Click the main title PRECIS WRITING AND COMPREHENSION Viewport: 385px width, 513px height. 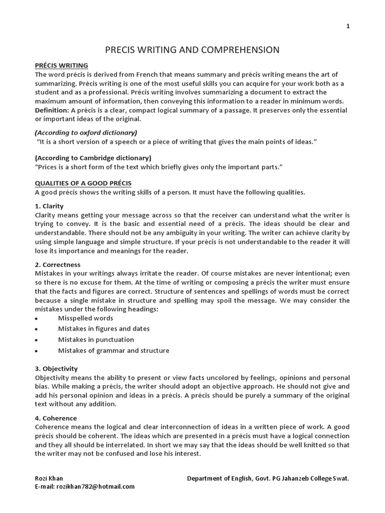(192, 50)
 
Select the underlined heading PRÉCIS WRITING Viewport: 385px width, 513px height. (61, 66)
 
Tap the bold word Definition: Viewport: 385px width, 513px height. (52, 110)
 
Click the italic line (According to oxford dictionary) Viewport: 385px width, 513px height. (86, 133)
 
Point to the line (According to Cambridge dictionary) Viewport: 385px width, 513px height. (89, 158)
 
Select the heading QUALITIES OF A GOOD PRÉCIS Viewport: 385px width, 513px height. (83, 182)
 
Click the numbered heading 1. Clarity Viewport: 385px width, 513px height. (49, 206)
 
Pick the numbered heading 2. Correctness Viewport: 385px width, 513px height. (57, 264)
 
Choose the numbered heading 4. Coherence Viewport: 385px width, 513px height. (56, 418)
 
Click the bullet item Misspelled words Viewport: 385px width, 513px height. (85, 318)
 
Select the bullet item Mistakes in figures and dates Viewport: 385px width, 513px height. (104, 329)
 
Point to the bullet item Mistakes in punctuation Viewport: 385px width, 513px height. (96, 340)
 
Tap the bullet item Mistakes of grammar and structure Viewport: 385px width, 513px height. (113, 351)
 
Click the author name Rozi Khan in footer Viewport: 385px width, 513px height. (49, 478)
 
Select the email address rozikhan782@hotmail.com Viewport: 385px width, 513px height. (85, 486)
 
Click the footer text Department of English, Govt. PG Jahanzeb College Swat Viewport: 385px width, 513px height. (268, 478)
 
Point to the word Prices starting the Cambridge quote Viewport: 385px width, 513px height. (47, 167)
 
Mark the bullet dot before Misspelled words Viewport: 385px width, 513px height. (37, 319)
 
